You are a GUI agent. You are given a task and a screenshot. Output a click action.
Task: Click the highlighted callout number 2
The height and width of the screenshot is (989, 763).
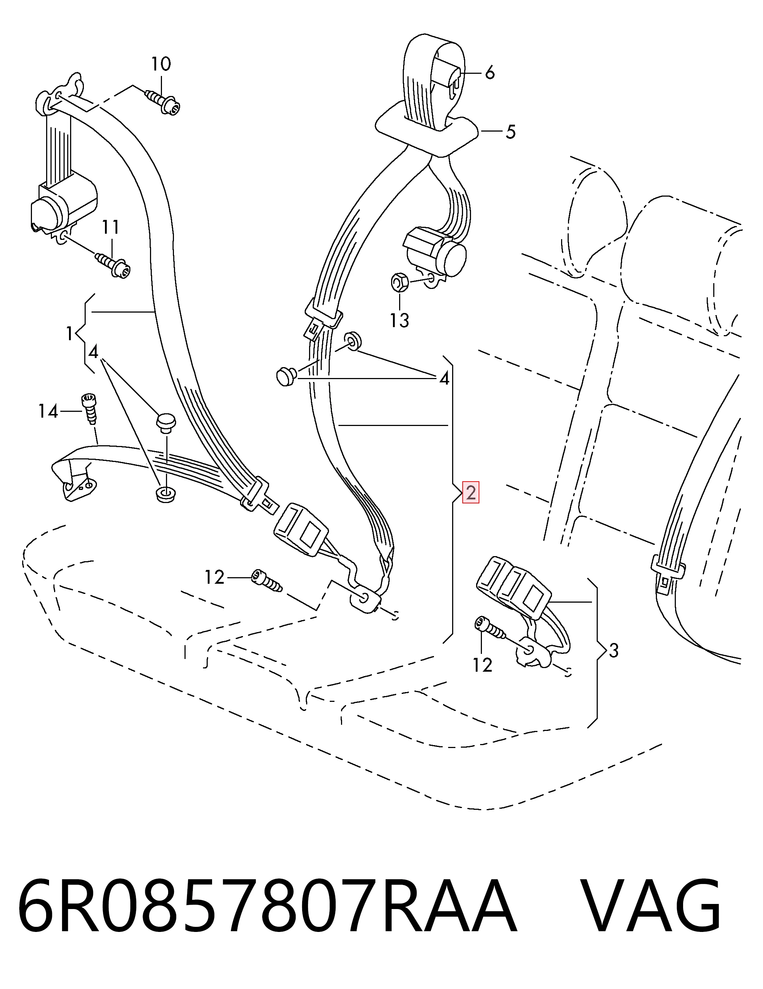(x=470, y=493)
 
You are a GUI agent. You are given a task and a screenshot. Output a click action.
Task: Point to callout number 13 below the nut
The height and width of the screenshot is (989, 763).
(x=399, y=321)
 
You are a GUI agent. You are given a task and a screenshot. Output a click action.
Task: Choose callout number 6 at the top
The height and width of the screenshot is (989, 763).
(x=490, y=72)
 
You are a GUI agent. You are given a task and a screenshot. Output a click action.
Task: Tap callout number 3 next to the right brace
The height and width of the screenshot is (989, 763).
(x=613, y=651)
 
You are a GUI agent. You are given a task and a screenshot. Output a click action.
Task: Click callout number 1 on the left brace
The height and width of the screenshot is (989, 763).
(x=69, y=334)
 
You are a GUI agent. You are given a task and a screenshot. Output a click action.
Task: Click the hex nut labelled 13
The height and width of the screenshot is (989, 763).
(x=399, y=282)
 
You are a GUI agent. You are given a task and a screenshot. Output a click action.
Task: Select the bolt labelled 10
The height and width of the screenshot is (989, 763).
(x=163, y=103)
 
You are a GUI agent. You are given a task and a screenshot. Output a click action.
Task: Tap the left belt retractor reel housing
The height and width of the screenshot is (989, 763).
(x=63, y=206)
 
